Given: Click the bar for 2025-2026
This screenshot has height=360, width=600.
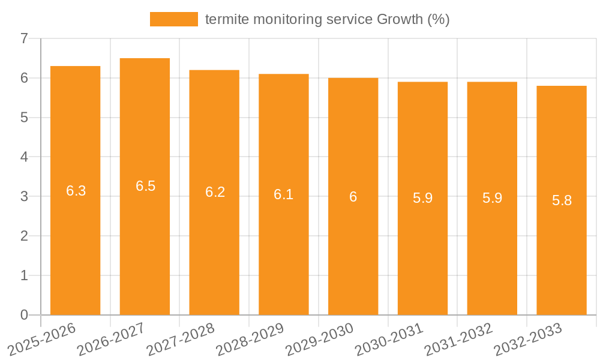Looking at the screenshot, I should point(76,240).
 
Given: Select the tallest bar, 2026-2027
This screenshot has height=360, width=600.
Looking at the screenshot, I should point(145,240).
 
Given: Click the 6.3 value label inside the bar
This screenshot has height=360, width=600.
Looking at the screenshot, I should point(76,191).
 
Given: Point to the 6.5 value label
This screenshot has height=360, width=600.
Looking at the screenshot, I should point(145,186).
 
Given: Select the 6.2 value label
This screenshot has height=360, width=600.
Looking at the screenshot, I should point(215,192).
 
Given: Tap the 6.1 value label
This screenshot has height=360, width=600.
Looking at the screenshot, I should point(284,194).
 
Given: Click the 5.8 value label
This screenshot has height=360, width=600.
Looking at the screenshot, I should point(562,200).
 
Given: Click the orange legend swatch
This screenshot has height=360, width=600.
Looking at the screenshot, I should point(173,19).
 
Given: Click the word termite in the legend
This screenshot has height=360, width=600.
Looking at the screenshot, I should point(227,19).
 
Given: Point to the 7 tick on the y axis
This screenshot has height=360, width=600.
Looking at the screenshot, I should point(24,39).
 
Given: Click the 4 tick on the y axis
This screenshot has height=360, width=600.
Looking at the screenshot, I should point(24,157).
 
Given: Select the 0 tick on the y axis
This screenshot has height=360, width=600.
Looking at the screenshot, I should point(24,315).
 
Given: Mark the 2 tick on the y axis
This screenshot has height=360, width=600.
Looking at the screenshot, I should point(24,236).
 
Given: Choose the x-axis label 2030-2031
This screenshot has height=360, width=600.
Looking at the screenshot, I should point(389,338).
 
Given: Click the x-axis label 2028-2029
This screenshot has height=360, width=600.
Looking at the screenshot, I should point(250,338).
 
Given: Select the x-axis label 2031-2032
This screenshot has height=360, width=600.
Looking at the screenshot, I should point(458,338).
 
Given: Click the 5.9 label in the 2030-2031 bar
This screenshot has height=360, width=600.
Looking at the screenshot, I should point(422,198).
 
